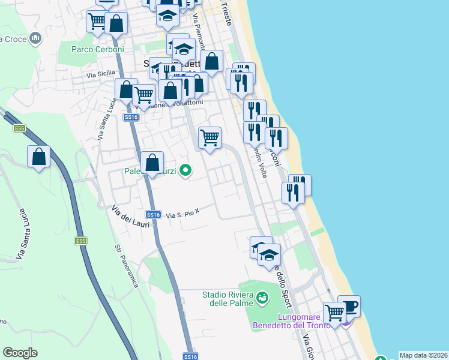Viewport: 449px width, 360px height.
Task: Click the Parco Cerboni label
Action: [x=98, y=50]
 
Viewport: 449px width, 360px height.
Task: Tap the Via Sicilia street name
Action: [x=100, y=75]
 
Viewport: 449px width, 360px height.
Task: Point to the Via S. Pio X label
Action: [x=182, y=214]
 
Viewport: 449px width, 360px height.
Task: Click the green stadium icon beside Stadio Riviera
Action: [x=262, y=297]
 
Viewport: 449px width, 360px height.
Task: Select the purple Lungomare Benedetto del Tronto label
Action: [x=304, y=321]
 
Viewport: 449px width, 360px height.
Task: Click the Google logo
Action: [x=20, y=353]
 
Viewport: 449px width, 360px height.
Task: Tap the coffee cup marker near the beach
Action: [x=349, y=306]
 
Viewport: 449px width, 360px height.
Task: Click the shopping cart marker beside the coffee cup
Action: [x=334, y=312]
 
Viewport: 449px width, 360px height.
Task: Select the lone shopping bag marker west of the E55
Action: [x=39, y=157]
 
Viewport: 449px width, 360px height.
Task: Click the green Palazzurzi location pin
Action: [x=186, y=171]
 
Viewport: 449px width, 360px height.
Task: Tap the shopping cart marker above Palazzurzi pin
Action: [x=209, y=137]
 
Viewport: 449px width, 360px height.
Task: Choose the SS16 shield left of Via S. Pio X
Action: [x=153, y=214]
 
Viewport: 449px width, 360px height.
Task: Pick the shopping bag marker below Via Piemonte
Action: [x=212, y=61]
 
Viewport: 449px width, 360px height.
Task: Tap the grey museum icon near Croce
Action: [x=35, y=39]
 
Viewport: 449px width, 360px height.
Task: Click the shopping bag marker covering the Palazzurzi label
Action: [x=152, y=162]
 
